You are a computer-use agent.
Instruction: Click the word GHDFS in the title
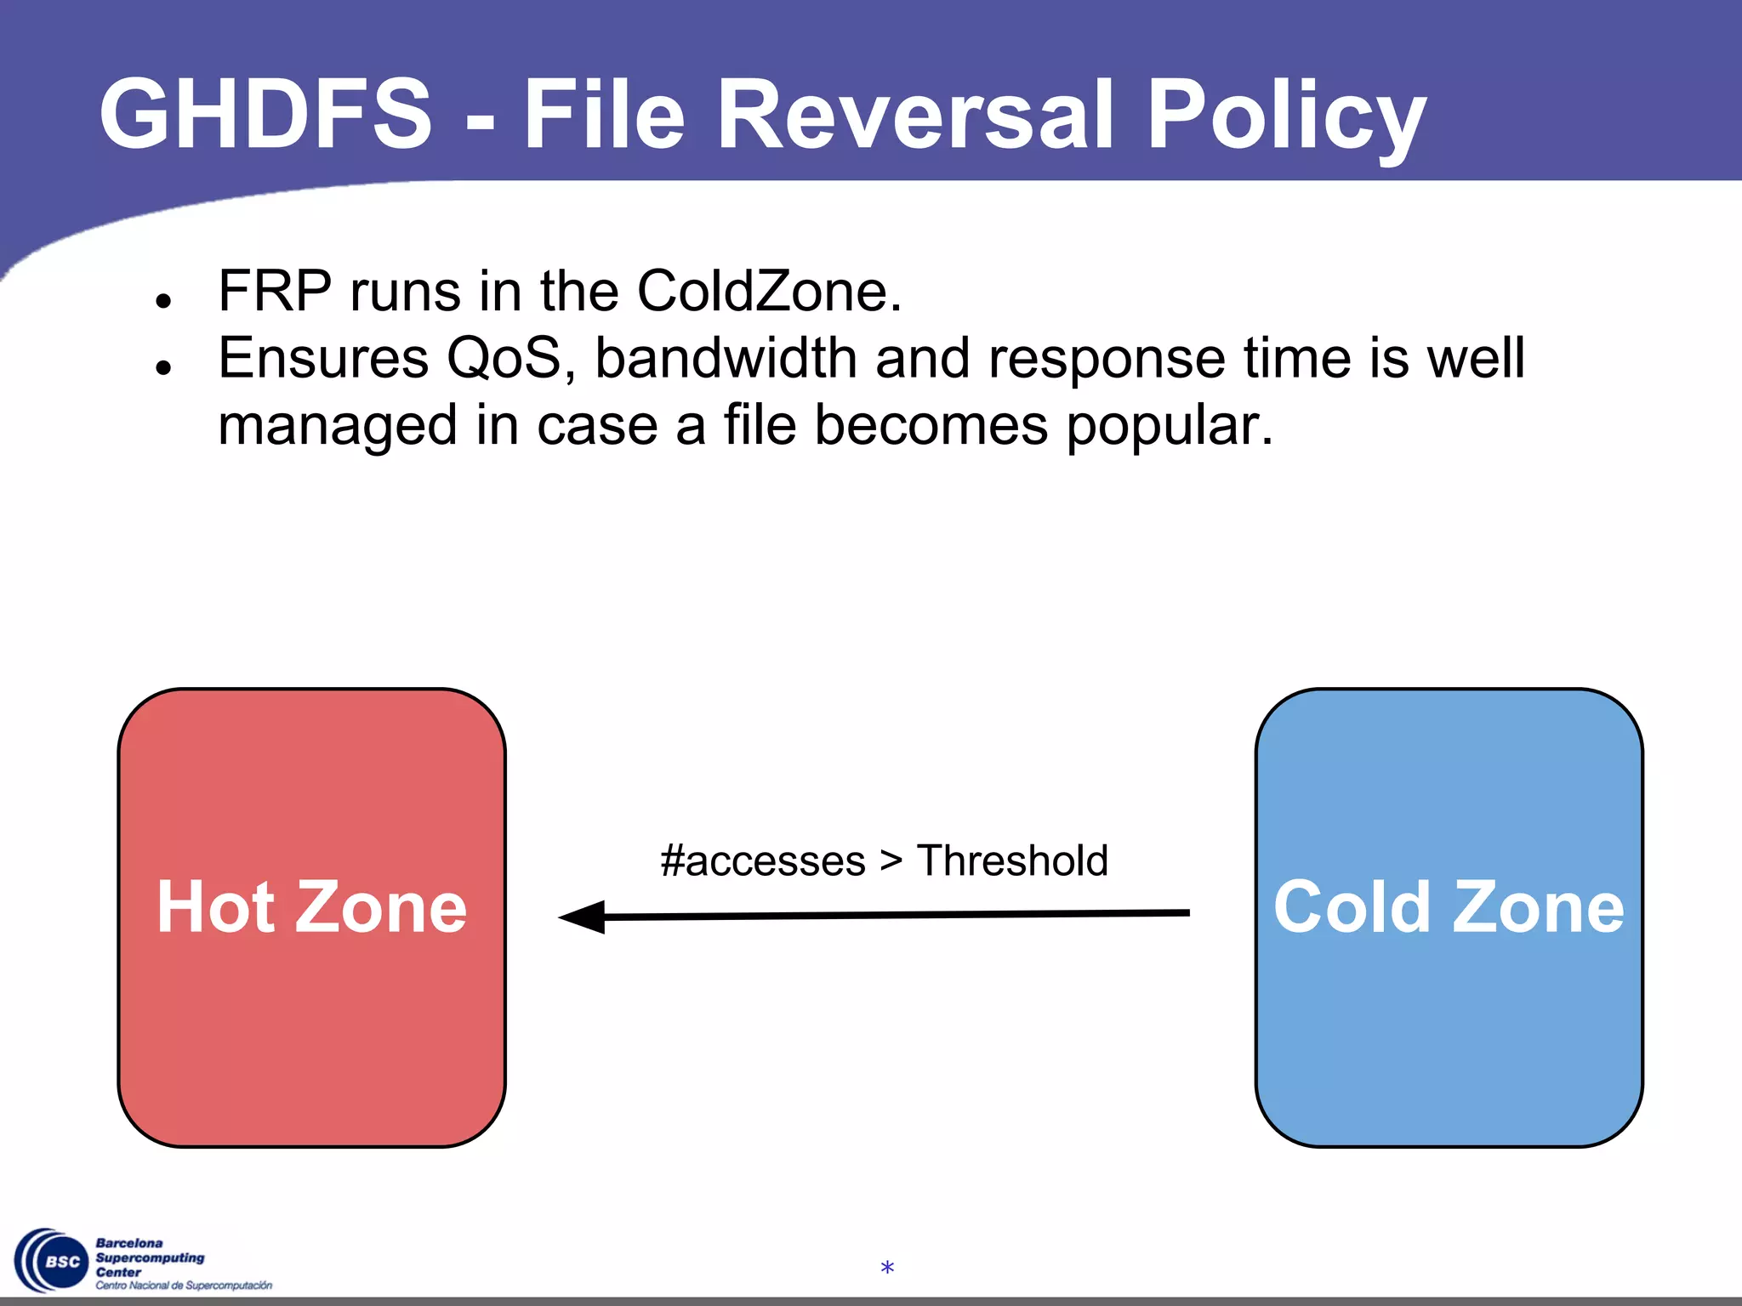pos(265,114)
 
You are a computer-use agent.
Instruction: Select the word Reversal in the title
pos(914,114)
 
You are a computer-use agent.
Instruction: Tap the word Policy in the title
pos(1284,114)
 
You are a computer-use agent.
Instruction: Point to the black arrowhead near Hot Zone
pos(584,917)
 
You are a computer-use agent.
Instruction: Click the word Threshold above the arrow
pos(1012,860)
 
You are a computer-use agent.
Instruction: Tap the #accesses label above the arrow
pos(762,860)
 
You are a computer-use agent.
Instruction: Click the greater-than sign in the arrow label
pos(891,860)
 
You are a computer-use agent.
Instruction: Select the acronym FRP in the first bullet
pos(274,292)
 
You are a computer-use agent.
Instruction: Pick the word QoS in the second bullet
pos(504,358)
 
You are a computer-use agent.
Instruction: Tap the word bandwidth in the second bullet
pos(725,358)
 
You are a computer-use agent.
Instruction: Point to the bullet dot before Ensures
pos(164,366)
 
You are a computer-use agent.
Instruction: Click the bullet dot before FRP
pos(164,300)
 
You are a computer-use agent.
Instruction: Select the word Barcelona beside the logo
pos(128,1243)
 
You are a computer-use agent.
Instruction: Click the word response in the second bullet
pos(1106,358)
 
